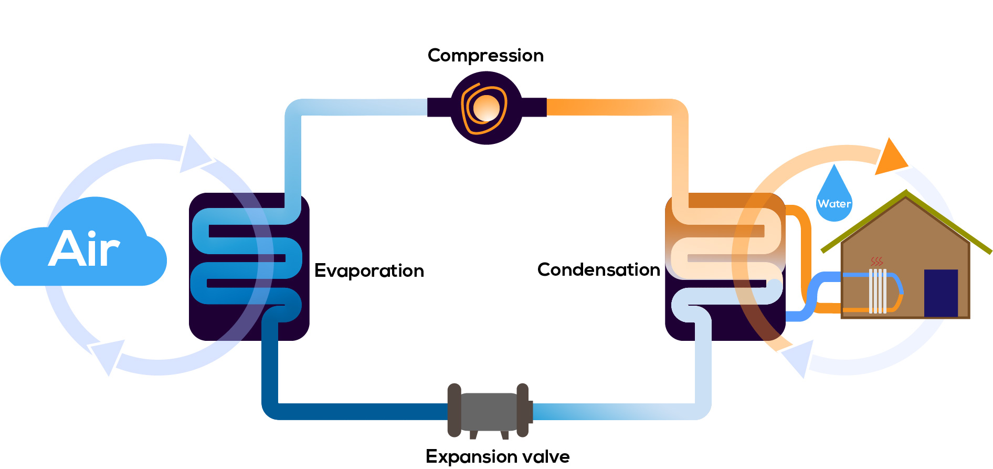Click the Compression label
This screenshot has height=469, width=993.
coord(485,56)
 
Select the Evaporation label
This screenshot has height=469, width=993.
coord(369,271)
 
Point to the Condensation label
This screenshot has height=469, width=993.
coord(598,270)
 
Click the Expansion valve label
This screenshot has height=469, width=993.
coord(497,456)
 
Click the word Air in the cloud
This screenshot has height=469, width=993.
coord(84,249)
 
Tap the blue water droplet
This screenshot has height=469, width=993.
coord(834,197)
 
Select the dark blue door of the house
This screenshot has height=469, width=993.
coord(941,293)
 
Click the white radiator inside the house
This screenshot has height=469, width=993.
coord(878,291)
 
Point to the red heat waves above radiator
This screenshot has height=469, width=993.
coord(876,262)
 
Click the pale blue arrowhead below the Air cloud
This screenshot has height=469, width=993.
coord(108,355)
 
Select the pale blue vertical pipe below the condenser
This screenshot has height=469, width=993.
coord(703,362)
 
